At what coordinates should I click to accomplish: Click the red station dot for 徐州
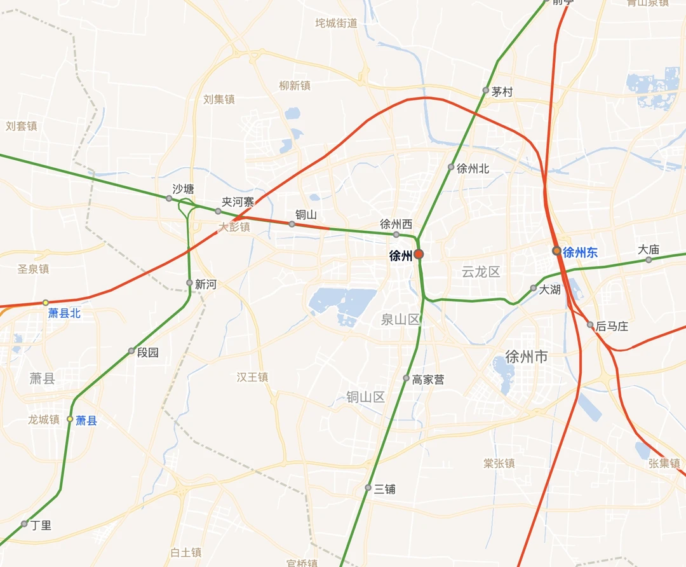[419, 255]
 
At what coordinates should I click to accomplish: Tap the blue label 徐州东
[580, 252]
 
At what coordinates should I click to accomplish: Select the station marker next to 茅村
[486, 90]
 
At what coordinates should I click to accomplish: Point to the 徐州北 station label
[473, 168]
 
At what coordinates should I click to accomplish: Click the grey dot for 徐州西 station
[396, 235]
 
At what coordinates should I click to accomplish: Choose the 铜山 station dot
[292, 224]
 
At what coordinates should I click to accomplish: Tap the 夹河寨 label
[238, 202]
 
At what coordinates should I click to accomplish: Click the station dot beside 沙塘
[169, 198]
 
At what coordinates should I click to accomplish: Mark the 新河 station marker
[189, 283]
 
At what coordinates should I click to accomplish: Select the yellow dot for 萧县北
[46, 303]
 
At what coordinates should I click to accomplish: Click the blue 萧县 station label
[86, 420]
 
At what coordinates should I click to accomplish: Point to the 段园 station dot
[131, 351]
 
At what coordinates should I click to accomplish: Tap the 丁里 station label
[41, 525]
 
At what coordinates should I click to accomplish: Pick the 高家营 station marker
[407, 378]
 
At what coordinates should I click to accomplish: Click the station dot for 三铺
[368, 488]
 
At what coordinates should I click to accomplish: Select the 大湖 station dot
[534, 288]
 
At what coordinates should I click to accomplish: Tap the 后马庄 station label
[612, 326]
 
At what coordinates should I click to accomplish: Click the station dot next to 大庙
[649, 259]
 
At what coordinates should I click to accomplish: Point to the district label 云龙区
[481, 272]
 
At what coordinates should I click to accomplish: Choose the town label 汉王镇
[253, 378]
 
